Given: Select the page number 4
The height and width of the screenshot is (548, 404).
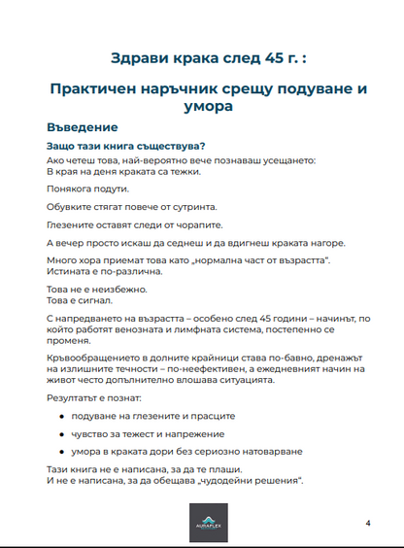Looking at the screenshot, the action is [x=368, y=524].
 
